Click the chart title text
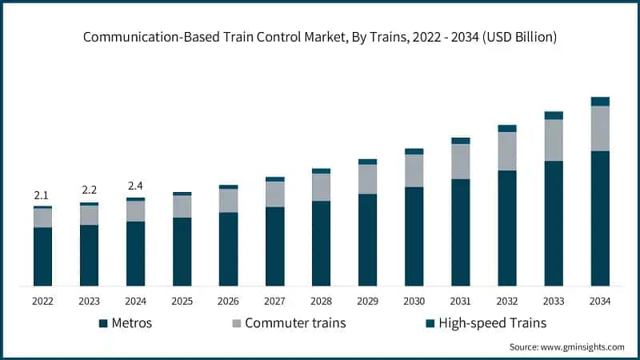point(320,37)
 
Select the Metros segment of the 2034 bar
point(600,218)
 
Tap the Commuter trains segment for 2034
point(600,128)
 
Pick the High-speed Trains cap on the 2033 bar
point(554,115)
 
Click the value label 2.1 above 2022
point(42,195)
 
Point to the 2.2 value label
point(89,190)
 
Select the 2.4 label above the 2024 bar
point(135,186)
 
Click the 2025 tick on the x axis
point(182,301)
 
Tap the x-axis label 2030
point(414,301)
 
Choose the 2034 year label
point(600,301)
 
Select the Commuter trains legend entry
point(289,323)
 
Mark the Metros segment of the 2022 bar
point(42,256)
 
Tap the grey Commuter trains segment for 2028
point(321,187)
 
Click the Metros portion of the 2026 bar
point(228,249)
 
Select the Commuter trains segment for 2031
point(460,162)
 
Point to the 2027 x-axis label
point(274,301)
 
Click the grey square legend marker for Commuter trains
point(237,323)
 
